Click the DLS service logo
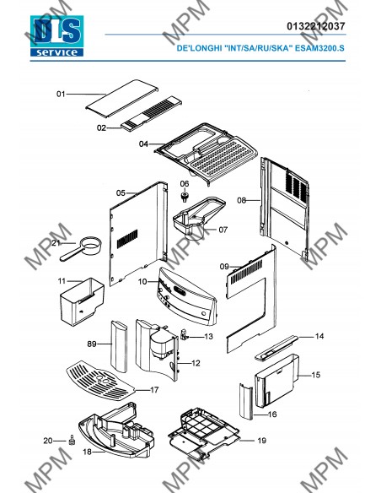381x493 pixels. coord(56,35)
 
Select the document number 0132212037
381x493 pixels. coord(316,26)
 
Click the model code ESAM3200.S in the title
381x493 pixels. coord(319,48)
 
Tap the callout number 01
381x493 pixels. coord(61,94)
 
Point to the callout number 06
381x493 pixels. coord(185,184)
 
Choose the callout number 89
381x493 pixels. coord(92,344)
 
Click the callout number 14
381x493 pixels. coord(319,337)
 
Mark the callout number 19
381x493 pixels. coord(262,441)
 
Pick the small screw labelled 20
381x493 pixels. coord(72,440)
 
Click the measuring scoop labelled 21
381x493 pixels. coord(81,248)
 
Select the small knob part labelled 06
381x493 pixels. coord(185,198)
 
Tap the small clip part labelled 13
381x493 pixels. coord(184,334)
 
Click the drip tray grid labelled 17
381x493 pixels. coord(99,381)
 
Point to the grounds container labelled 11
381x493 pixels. coord(82,301)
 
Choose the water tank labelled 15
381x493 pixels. coord(276,380)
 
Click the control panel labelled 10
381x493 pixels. coord(187,296)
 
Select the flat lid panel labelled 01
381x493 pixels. coord(121,99)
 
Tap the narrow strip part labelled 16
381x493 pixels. coord(246,401)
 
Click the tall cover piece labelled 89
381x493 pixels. coord(119,346)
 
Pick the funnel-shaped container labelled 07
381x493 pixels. coord(199,217)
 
